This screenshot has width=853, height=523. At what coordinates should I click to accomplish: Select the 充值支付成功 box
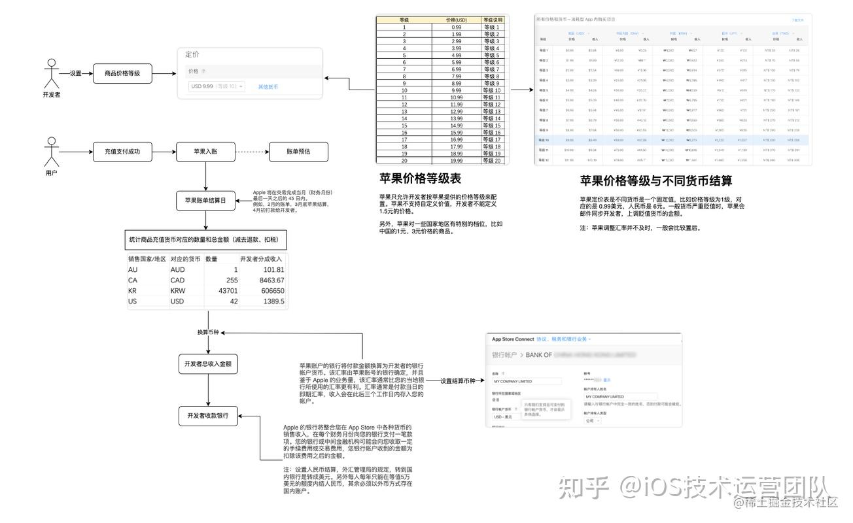coord(122,152)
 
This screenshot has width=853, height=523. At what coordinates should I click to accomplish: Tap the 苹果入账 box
coord(205,152)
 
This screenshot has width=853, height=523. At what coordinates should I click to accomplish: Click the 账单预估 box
coord(298,152)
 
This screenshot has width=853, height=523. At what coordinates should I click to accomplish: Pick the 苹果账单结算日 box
coord(205,201)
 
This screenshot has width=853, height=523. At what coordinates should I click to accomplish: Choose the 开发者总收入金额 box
coord(209,363)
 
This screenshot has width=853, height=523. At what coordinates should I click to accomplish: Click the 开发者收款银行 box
coord(209,416)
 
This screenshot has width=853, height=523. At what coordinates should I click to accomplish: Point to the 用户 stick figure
coord(51,152)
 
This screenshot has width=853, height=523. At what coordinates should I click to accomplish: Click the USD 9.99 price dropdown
coord(216,86)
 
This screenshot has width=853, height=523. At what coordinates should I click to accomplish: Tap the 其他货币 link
coord(268,86)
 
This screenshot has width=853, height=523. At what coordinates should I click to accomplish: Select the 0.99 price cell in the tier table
coord(457,27)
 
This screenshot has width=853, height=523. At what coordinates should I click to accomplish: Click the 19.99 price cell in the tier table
coord(457,160)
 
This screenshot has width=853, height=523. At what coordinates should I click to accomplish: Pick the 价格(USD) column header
coord(457,20)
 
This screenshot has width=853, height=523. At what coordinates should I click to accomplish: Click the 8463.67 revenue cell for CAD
coord(262,280)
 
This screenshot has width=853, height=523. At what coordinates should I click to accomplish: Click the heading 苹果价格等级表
coord(420,178)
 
